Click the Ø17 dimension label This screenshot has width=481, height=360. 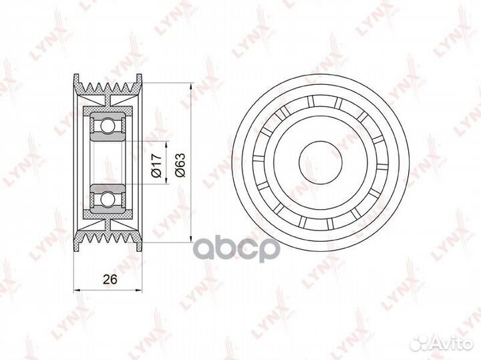[156, 166]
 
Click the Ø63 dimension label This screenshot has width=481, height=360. [180, 165]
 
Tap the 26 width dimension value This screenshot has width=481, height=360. [110, 279]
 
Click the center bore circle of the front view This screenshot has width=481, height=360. [321, 163]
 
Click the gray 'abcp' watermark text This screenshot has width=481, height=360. [238, 248]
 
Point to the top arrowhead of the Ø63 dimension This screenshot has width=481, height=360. [191, 86]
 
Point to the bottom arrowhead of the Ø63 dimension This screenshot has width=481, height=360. [191, 239]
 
